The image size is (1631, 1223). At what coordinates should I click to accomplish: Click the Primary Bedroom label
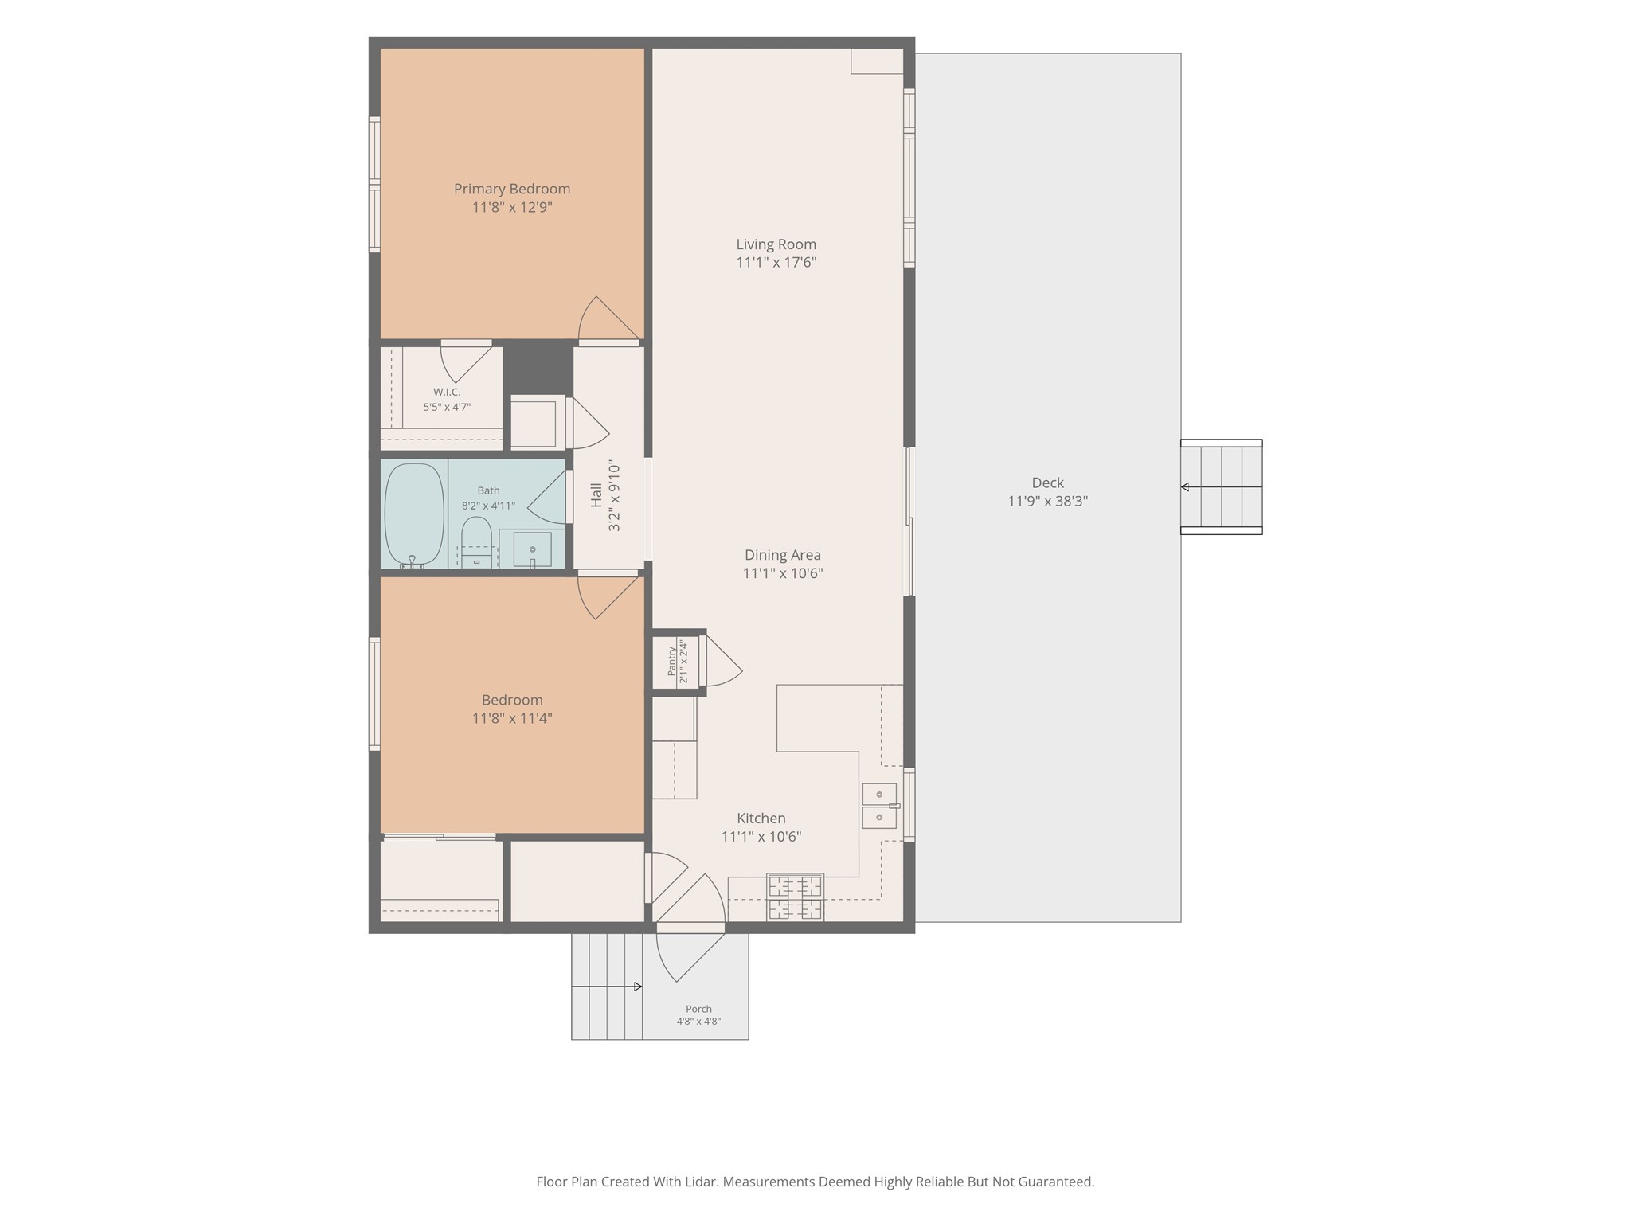click(512, 189)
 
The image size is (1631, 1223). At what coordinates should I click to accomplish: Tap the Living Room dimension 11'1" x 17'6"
click(776, 263)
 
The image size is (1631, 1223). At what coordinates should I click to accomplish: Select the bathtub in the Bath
click(414, 515)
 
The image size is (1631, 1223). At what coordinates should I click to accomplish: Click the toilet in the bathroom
click(477, 542)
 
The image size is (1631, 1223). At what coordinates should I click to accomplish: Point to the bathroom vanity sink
click(532, 549)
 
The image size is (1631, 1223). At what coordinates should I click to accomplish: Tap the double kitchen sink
click(880, 806)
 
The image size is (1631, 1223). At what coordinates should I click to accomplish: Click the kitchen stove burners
click(795, 897)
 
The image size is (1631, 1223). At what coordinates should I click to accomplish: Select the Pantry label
click(672, 660)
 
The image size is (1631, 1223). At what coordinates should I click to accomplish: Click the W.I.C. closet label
click(447, 392)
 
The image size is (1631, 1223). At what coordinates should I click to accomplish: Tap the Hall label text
click(596, 495)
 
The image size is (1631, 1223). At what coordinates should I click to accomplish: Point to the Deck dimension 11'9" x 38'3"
click(1048, 501)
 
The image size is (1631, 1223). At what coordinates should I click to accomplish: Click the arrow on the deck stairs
click(1221, 486)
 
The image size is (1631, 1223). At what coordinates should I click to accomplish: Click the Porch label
click(698, 1009)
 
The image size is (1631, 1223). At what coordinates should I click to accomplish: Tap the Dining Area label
click(783, 555)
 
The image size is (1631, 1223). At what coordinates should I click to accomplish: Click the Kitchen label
click(761, 818)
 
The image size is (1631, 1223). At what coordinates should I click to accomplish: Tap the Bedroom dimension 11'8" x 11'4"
click(512, 718)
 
